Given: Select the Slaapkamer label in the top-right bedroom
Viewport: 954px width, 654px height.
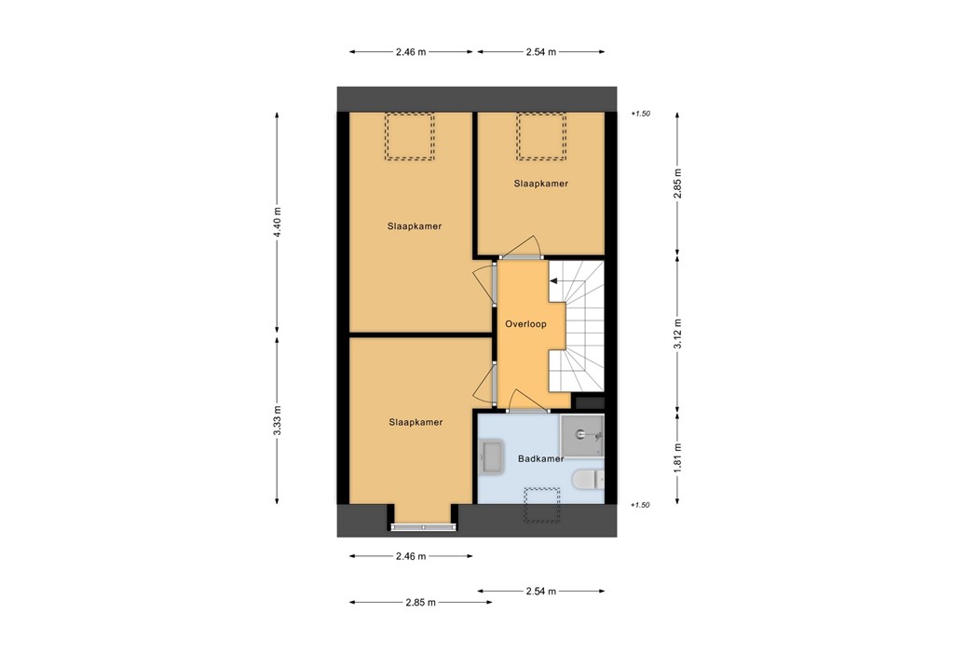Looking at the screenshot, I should point(540,184).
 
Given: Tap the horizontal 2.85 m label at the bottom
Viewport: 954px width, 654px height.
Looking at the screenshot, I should point(420,603).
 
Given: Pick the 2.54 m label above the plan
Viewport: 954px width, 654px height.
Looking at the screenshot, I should point(540,52).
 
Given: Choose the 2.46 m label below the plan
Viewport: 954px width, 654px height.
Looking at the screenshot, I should point(410,556).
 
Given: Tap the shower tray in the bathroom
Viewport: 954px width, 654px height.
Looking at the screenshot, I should point(582,436).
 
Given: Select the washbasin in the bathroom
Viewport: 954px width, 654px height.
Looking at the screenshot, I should point(491,456).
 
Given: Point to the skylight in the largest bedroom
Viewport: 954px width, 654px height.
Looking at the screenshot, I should point(410,137).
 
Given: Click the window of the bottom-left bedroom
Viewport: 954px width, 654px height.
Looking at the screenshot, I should point(424,527).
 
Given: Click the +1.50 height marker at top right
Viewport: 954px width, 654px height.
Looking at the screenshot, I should point(639,114).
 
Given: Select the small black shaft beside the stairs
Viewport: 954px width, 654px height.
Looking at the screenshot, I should point(590,402).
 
